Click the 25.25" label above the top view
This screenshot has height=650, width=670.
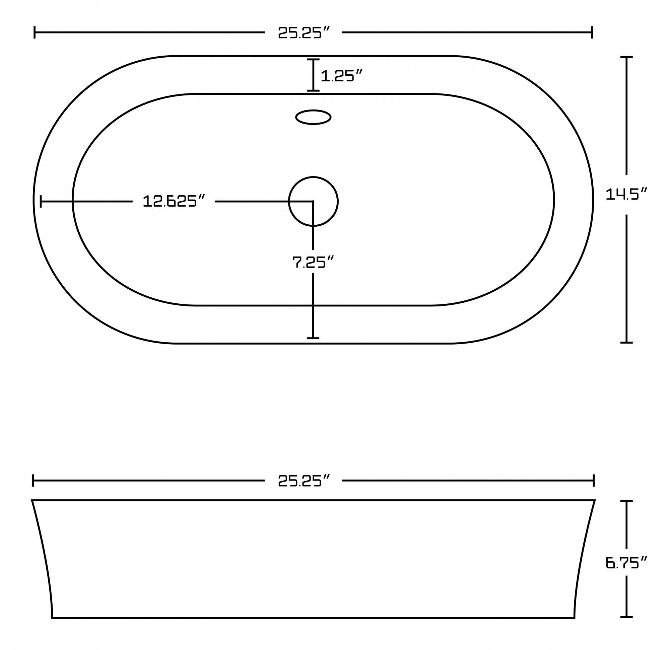[304, 33]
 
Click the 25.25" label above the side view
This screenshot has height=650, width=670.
[304, 481]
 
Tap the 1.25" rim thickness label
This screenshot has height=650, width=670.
[341, 76]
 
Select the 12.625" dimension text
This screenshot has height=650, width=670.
[174, 201]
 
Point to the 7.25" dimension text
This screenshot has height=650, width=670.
[313, 263]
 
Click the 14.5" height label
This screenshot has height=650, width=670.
[626, 195]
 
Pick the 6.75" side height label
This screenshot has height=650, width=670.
[626, 563]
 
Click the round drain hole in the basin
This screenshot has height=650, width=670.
[313, 201]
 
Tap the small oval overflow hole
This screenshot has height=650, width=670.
[313, 117]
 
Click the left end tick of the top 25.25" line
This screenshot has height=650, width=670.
[35, 32]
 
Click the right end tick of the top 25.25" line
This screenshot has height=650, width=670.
[592, 32]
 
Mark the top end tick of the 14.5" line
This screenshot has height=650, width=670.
[626, 57]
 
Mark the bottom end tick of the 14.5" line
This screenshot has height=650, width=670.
[626, 342]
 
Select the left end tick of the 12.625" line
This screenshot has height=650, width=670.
[41, 201]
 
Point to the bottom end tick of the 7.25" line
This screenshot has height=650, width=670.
[313, 338]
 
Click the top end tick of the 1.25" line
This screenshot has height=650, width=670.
[313, 60]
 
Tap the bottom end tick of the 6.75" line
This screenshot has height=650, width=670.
[626, 617]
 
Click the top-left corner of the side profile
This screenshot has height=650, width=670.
[32, 500]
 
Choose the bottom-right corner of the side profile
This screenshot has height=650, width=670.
[574, 618]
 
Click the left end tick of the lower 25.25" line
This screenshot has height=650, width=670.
[33, 481]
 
